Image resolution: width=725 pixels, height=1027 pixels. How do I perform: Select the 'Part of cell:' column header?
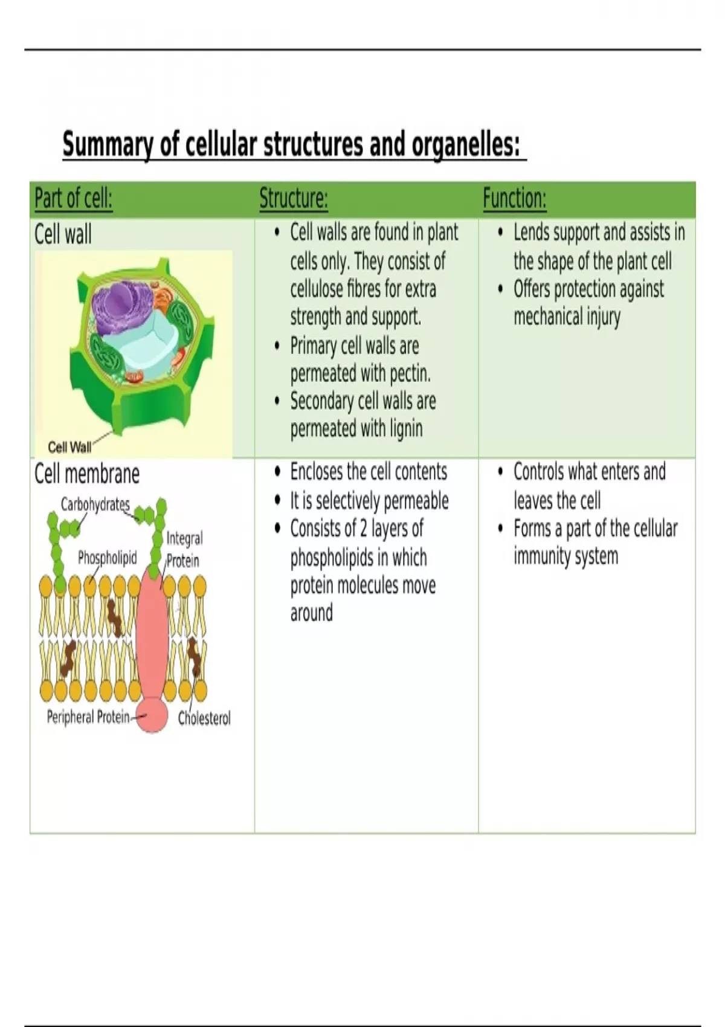click(x=73, y=199)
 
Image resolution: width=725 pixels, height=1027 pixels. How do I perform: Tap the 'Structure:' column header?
click(x=294, y=199)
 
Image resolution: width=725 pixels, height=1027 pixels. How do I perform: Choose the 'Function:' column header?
click(x=515, y=199)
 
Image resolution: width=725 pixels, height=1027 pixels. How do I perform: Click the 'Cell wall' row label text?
click(x=63, y=234)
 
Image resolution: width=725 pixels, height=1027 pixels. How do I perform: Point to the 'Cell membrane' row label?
click(x=86, y=474)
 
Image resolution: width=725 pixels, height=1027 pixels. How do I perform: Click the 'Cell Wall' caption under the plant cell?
click(x=69, y=447)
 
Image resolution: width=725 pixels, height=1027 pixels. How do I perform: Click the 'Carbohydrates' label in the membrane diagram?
click(x=95, y=504)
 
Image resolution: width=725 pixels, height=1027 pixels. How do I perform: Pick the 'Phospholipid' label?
click(x=108, y=558)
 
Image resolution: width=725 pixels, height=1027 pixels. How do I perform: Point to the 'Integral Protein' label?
click(x=184, y=549)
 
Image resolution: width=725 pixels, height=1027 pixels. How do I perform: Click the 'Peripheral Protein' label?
click(x=88, y=717)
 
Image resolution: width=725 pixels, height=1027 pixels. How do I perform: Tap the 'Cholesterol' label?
click(x=204, y=718)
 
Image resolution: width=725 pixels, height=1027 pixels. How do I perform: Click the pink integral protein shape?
click(x=152, y=642)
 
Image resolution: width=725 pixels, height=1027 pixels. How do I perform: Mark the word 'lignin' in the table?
click(x=406, y=430)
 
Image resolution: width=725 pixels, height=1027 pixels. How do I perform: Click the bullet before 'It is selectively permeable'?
click(x=277, y=500)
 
